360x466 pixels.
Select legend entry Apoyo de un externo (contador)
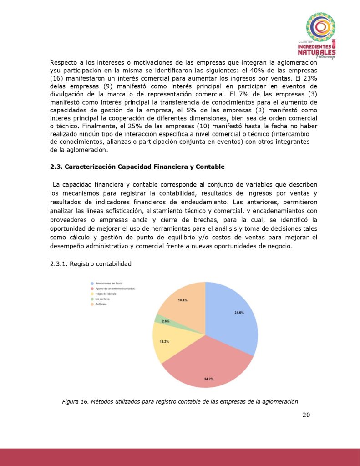click(x=115, y=289)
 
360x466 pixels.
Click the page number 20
click(x=306, y=415)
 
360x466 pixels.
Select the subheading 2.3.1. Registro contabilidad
click(x=91, y=263)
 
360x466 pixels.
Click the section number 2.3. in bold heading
click(x=56, y=167)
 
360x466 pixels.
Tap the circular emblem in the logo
click(x=321, y=27)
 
